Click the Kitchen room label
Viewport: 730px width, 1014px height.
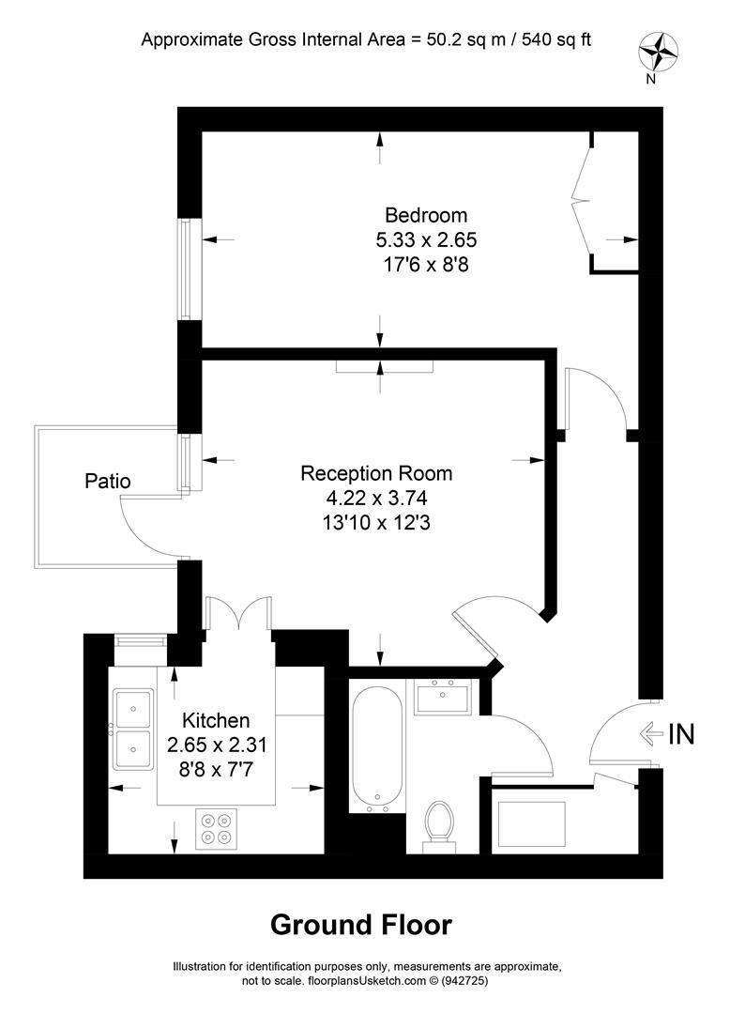click(x=216, y=721)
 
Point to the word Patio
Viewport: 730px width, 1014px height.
click(x=108, y=482)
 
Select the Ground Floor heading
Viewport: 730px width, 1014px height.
click(x=361, y=925)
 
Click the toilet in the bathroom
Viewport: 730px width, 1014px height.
click(x=438, y=823)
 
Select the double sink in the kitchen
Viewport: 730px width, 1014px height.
click(x=132, y=730)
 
